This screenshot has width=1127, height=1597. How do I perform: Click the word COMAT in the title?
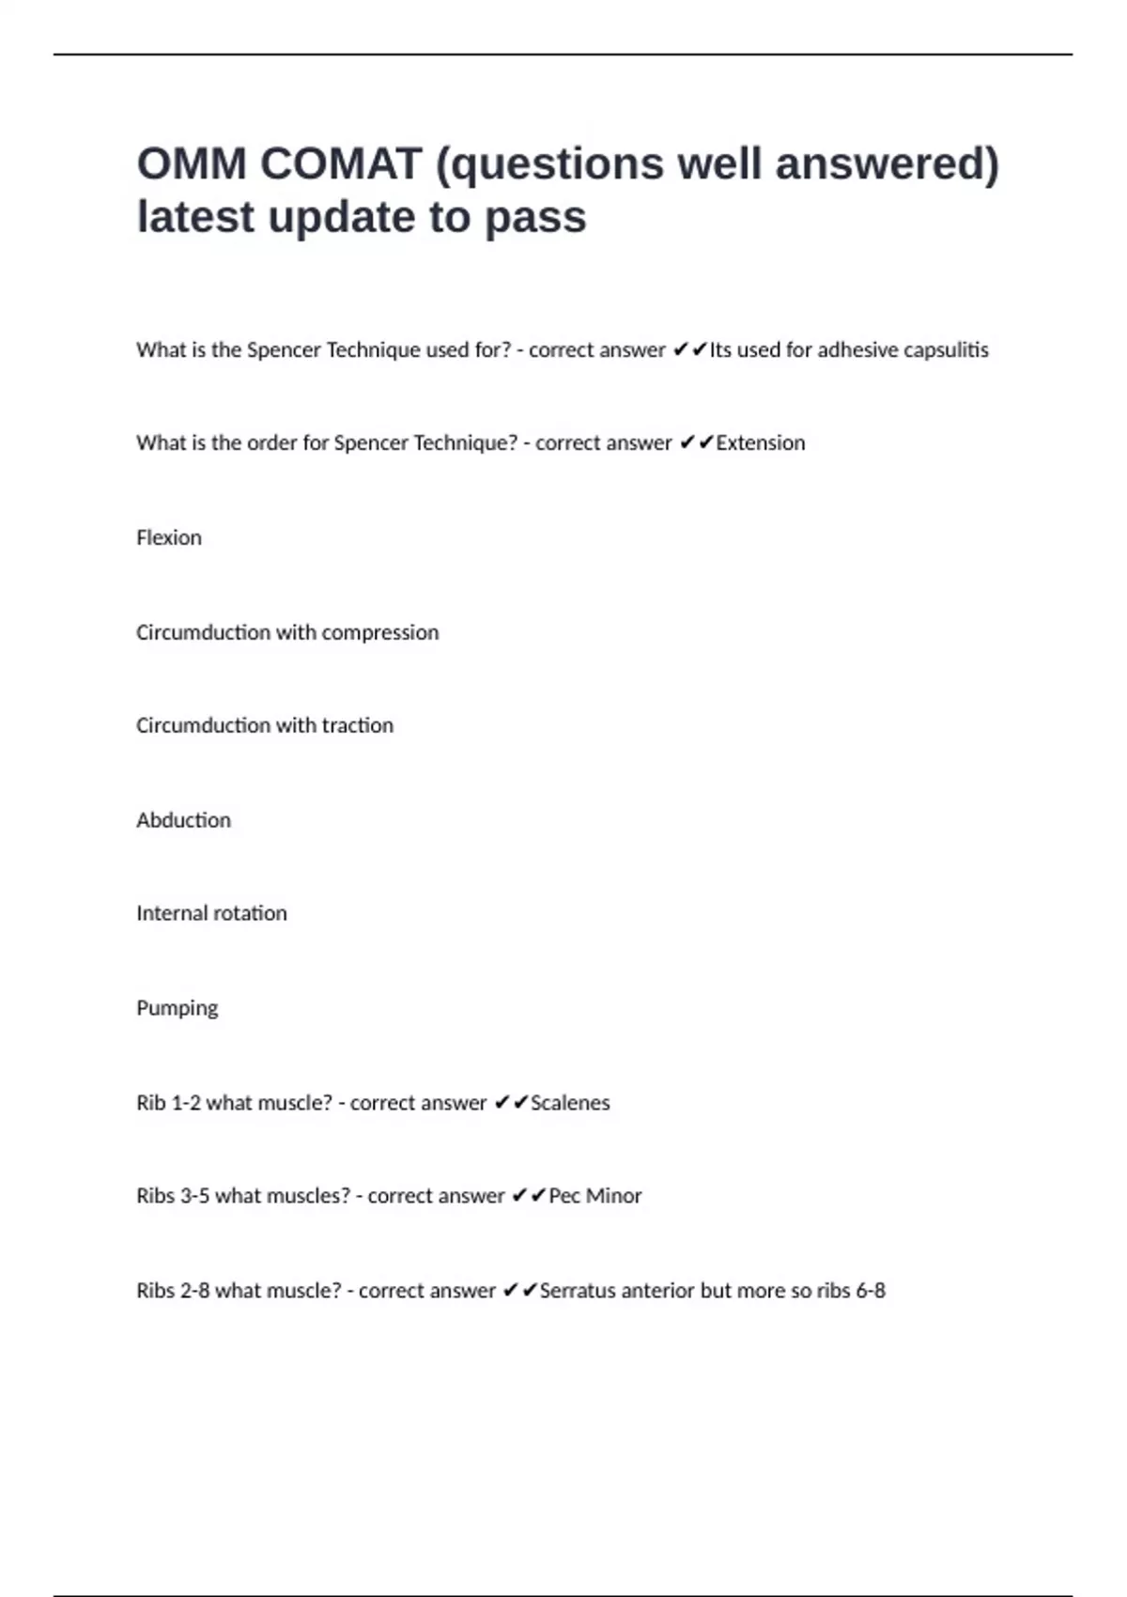point(340,164)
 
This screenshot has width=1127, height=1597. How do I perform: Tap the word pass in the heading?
point(535,218)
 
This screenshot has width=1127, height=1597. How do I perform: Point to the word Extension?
point(760,443)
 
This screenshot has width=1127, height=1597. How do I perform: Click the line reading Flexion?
point(169,537)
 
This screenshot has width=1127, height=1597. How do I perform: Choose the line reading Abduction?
point(183,820)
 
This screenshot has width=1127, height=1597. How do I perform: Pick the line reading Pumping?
point(177,1008)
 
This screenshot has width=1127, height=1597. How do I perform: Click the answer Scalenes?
point(570,1103)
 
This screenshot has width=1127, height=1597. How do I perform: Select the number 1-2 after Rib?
point(185,1103)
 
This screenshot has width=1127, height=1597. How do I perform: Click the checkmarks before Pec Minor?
point(529,1196)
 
